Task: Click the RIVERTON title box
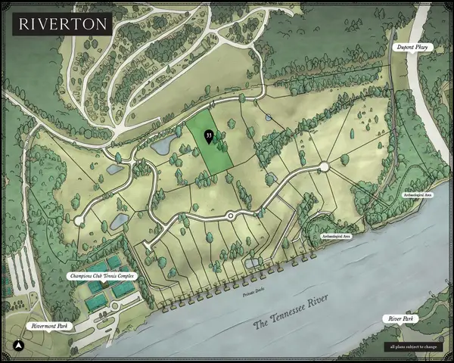64,23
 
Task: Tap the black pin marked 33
208,136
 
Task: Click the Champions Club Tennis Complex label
102,275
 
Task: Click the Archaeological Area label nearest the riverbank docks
336,237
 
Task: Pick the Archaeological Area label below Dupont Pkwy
417,194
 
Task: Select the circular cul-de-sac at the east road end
324,166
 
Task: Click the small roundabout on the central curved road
230,216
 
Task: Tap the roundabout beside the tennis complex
115,306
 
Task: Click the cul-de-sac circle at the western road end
79,219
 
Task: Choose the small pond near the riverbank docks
253,262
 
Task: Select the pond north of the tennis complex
120,221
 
